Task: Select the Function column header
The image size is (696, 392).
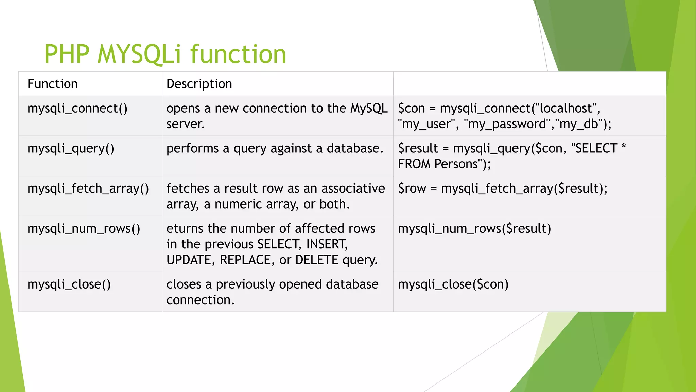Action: click(53, 84)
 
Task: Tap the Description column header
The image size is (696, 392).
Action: click(199, 84)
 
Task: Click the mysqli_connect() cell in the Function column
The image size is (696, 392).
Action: click(77, 109)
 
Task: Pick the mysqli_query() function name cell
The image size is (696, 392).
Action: click(71, 149)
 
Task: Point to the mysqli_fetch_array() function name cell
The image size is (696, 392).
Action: click(88, 189)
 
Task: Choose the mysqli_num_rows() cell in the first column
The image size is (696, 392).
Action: click(84, 229)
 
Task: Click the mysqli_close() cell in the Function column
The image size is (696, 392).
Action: click(69, 284)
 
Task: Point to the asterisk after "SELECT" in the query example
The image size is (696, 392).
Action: click(623, 147)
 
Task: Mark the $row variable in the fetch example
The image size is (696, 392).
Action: click(412, 189)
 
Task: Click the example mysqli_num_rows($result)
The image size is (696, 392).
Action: click(474, 229)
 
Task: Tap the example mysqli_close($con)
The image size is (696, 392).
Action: click(453, 284)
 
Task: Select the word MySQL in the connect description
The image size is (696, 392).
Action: click(369, 109)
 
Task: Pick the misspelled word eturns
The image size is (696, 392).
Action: click(185, 229)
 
